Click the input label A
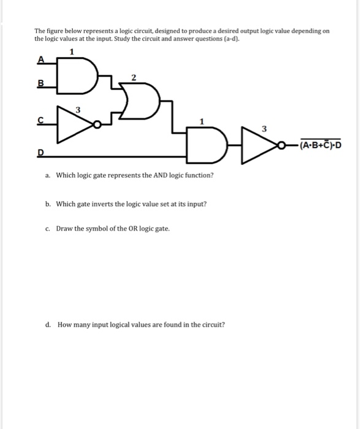pyautogui.click(x=40, y=59)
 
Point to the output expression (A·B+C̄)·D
pyautogui.click(x=320, y=145)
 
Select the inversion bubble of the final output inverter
pyautogui.click(x=280, y=145)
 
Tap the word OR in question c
pyautogui.click(x=132, y=229)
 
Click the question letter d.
pyautogui.click(x=48, y=325)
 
